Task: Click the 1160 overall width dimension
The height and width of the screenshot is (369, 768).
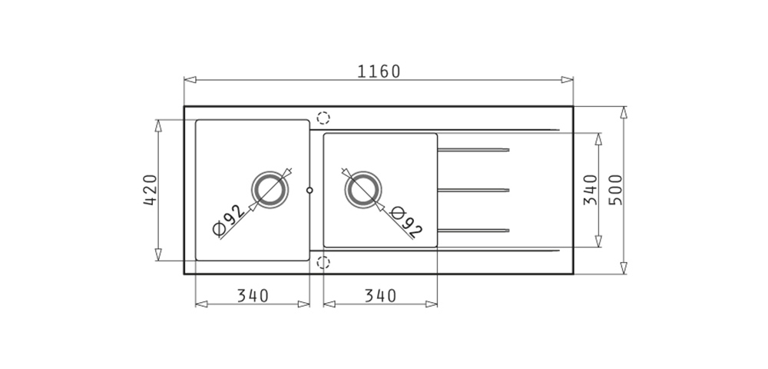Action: click(379, 71)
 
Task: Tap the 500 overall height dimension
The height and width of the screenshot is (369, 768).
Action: click(615, 190)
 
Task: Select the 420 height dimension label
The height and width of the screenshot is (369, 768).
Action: click(151, 190)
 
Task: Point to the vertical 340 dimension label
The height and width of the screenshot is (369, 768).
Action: click(591, 190)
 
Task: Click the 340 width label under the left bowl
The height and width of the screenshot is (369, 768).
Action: click(253, 296)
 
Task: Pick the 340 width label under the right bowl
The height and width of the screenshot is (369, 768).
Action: click(380, 296)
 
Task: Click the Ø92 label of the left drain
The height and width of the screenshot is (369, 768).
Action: click(228, 220)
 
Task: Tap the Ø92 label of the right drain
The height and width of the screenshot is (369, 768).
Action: click(406, 223)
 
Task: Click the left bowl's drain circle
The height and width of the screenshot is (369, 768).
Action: click(270, 171)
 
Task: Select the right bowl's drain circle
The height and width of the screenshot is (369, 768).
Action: click(363, 171)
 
